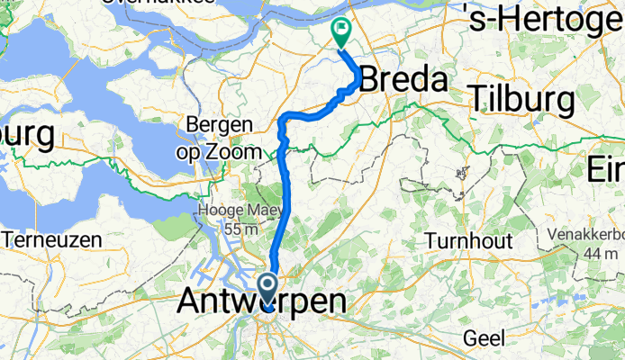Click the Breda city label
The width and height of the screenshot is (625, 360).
pos(403,81)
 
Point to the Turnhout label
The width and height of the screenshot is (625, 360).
pos(468,240)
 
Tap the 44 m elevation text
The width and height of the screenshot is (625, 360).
pos(595,256)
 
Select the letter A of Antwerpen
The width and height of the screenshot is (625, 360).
pos(191,301)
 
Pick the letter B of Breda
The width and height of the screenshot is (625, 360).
pos(371,81)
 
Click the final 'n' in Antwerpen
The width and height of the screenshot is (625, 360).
pos(333,301)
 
